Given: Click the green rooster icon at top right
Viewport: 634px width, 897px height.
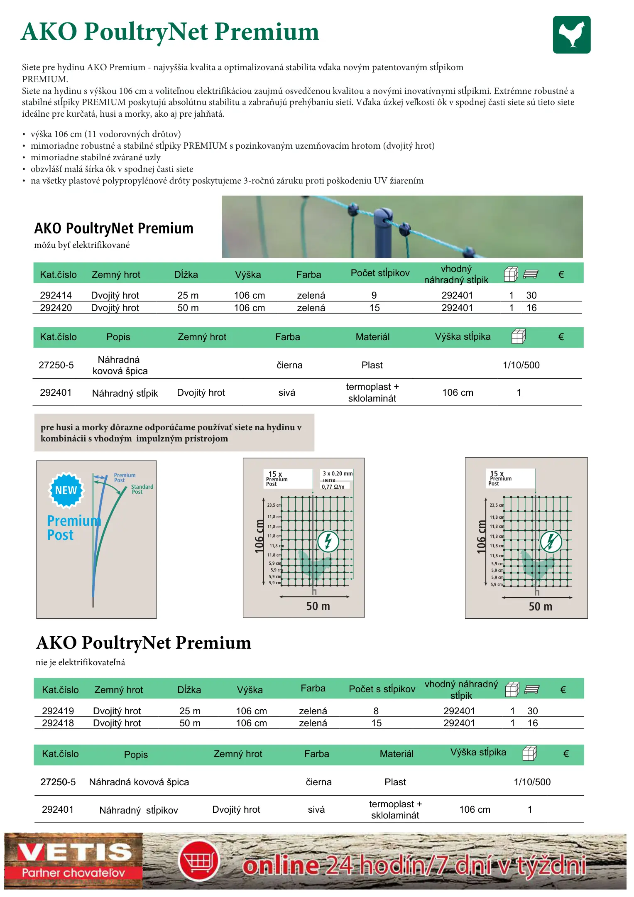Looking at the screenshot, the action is coord(571,34).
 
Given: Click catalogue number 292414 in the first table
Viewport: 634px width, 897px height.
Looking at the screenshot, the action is coord(56,295).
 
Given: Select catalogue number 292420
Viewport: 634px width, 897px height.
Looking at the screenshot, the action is coord(56,308).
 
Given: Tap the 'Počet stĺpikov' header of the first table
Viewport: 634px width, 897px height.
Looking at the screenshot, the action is coord(380,273).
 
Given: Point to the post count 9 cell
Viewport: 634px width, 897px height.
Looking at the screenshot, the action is coord(374,295).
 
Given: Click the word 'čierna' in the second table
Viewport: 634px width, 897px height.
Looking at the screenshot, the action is coord(289,365).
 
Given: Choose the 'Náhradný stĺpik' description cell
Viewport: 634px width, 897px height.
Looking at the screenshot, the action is coord(125,393).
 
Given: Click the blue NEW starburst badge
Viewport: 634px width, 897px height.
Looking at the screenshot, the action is coord(66,490).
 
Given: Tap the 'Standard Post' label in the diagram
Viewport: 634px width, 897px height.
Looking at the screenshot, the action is coord(142,489).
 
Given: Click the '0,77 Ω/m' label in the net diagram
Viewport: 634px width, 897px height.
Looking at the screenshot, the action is coord(333,487).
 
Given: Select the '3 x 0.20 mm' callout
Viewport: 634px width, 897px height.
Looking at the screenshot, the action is coord(338,473).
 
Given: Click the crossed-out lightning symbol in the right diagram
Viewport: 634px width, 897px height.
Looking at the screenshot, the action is coord(551,542).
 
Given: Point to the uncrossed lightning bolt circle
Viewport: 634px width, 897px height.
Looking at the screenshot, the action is coord(328,542).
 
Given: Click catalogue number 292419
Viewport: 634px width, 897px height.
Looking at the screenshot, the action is coord(58,711).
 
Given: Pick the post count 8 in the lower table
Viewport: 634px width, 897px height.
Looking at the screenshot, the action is coord(376,711).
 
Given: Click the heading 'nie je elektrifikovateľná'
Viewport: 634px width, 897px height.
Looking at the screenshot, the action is coord(80,662).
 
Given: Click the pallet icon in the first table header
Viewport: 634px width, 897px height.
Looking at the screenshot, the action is coord(531,274).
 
